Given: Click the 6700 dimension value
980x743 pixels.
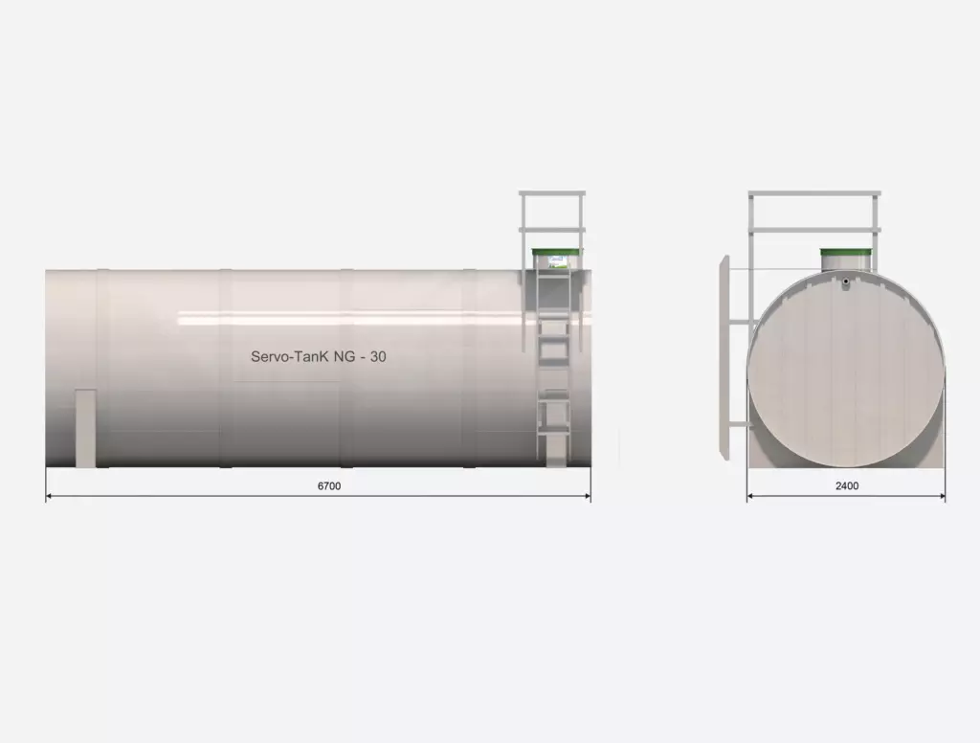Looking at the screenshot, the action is (x=329, y=486).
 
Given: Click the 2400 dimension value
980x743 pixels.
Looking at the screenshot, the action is (x=847, y=486).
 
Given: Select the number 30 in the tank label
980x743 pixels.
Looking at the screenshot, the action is (x=378, y=356).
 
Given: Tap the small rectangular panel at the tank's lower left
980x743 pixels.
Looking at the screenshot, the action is (x=85, y=428).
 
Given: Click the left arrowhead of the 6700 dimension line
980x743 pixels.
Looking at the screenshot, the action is (x=50, y=497).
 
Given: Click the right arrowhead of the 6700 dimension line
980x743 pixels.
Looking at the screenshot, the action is (x=587, y=497).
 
